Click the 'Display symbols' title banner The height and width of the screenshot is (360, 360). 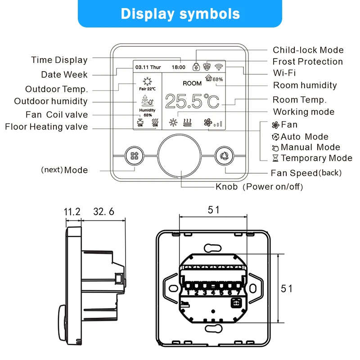click(180, 13)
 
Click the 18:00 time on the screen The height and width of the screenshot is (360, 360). click(178, 67)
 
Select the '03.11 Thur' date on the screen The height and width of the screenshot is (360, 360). click(148, 67)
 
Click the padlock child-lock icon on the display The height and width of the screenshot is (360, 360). click(196, 67)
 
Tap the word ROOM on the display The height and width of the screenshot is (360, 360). click(192, 83)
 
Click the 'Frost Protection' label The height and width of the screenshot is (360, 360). click(307, 62)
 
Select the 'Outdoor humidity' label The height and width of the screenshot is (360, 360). click(51, 101)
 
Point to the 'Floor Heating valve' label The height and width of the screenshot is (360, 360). click(46, 127)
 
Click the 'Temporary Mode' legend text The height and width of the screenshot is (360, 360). click(316, 158)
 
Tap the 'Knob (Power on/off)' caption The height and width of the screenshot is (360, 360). click(259, 186)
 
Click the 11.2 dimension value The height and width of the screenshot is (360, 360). click(72, 211)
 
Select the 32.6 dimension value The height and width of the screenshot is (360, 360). click(104, 211)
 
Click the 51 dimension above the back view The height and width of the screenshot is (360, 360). click(213, 210)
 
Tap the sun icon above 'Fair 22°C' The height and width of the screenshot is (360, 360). click(147, 81)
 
